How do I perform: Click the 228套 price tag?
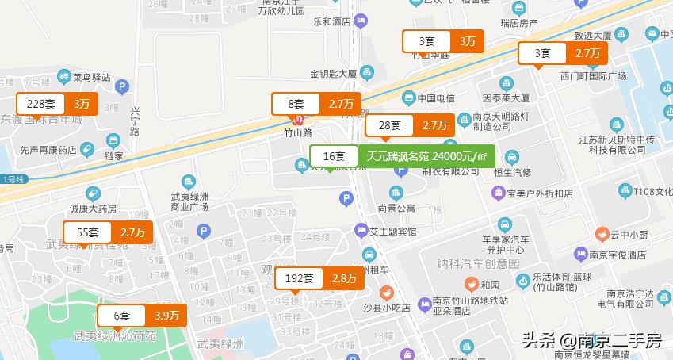click(x=58, y=104)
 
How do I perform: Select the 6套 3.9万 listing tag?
click(x=142, y=316)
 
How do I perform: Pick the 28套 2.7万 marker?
click(x=409, y=125)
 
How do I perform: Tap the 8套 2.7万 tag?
click(x=316, y=104)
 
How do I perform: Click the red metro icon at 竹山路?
click(x=299, y=121)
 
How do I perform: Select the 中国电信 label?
click(x=436, y=98)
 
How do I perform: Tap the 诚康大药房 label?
click(x=93, y=209)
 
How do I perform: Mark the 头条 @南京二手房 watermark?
click(x=591, y=341)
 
